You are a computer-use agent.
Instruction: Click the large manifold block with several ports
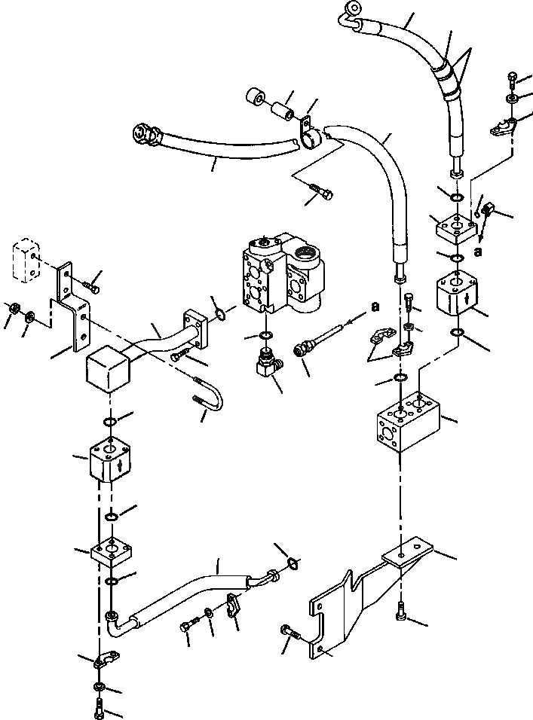407,421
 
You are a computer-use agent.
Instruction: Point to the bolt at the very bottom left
101,707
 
